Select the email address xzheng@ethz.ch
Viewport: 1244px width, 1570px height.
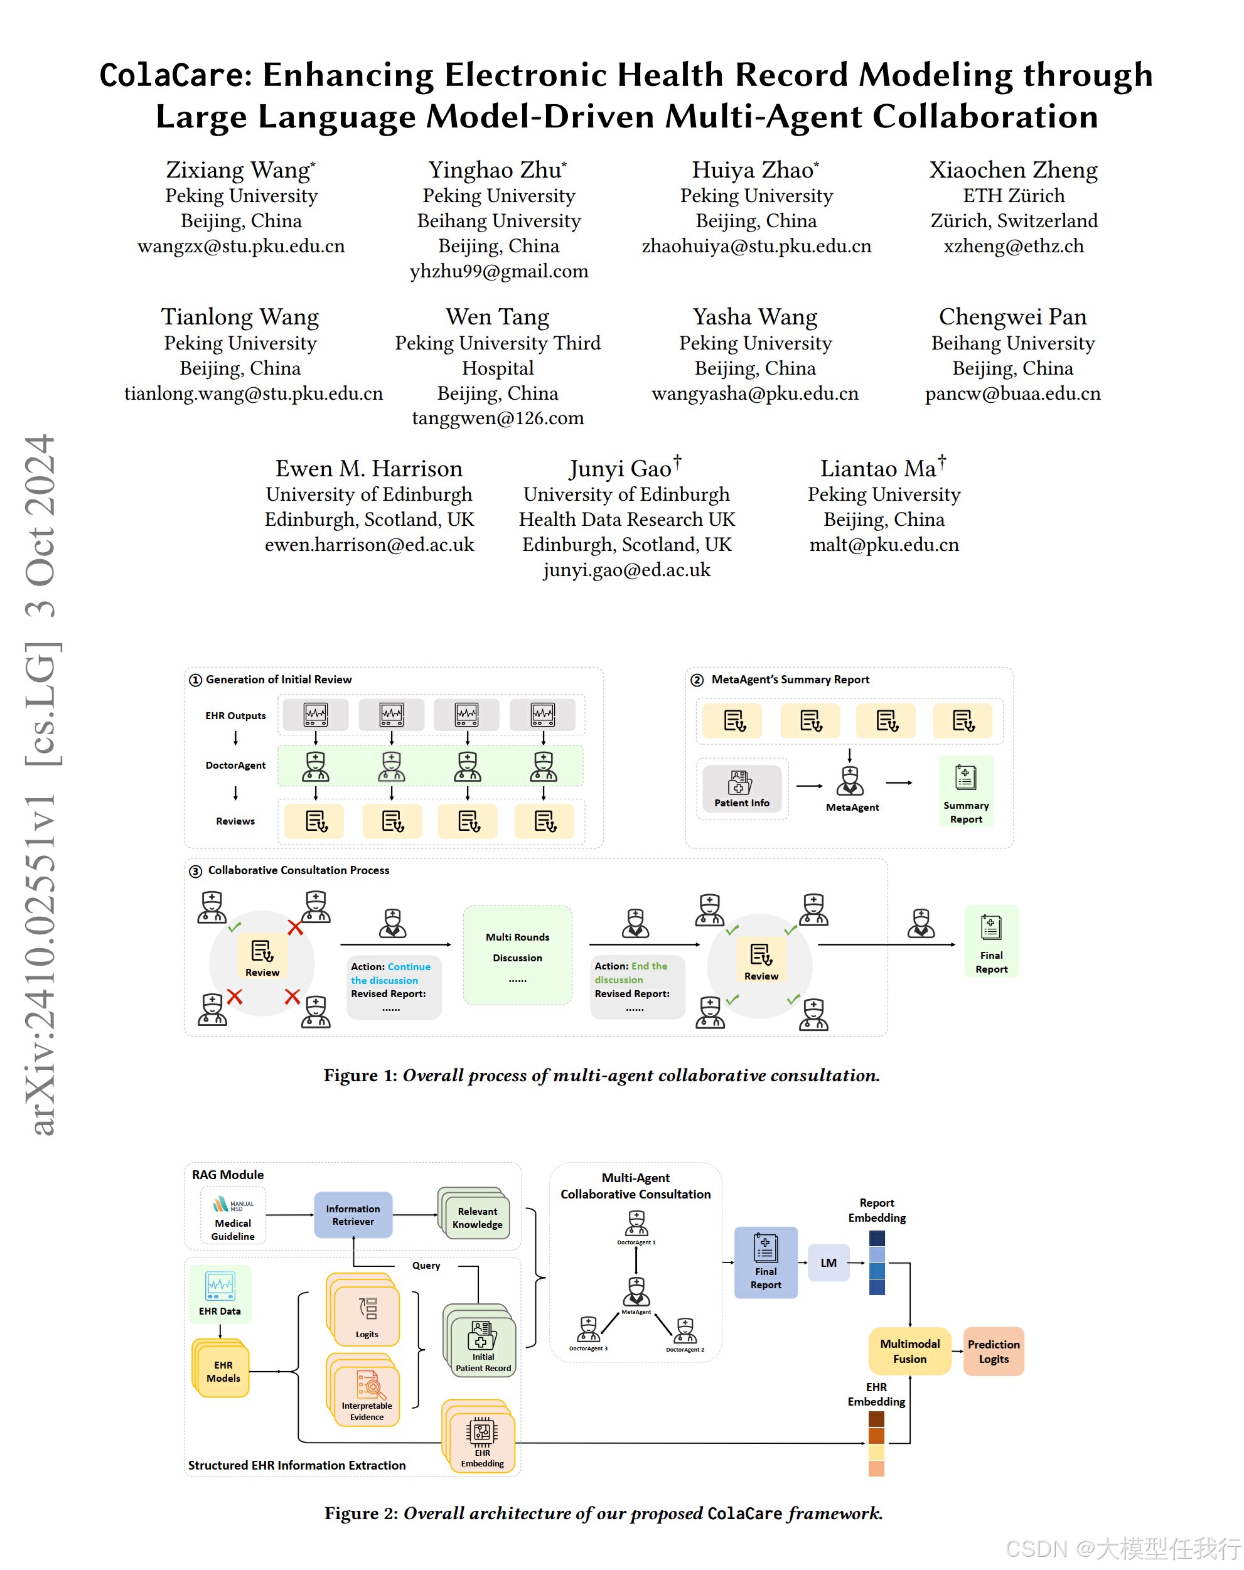pyautogui.click(x=1013, y=246)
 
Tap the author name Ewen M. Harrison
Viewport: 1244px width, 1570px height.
pyautogui.click(x=368, y=468)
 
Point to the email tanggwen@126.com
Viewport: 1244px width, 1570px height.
pyautogui.click(x=498, y=418)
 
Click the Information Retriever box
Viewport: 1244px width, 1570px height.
pyautogui.click(x=353, y=1215)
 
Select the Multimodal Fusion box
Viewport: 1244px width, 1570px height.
pyautogui.click(x=909, y=1351)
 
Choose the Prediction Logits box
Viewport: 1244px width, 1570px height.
pyautogui.click(x=994, y=1351)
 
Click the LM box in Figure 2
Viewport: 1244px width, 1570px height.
pyautogui.click(x=828, y=1263)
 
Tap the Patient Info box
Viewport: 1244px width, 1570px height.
pyautogui.click(x=741, y=789)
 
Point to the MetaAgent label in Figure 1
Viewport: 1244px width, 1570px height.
pyautogui.click(x=852, y=807)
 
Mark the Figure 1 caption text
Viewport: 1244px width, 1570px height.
pyautogui.click(x=602, y=1076)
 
